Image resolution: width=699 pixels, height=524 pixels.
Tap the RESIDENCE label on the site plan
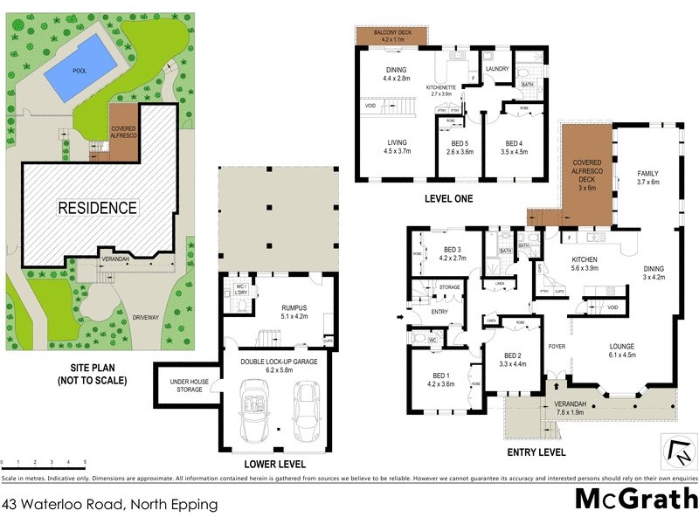pos(98,208)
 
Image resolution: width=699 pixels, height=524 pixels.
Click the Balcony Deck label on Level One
pos(391,35)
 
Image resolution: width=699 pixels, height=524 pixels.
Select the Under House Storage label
pos(185,385)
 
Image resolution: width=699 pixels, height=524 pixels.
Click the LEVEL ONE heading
pos(448,199)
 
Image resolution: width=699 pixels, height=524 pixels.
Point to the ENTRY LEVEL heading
pos(536,452)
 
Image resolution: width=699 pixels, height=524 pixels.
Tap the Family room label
pos(647,177)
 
